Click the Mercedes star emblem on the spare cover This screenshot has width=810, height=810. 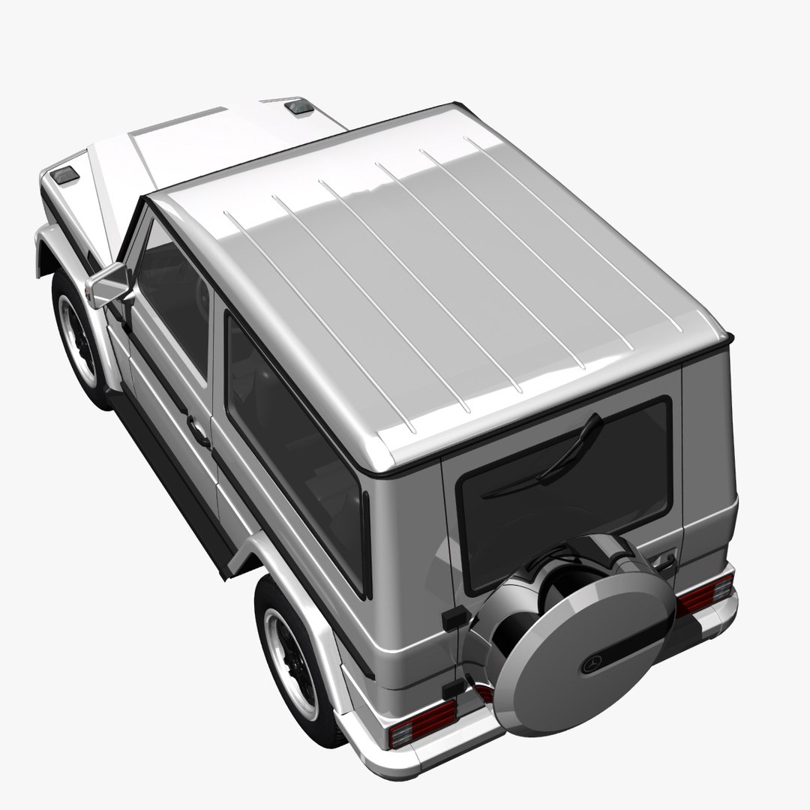click(x=592, y=664)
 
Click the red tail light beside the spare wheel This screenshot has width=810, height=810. click(x=703, y=595)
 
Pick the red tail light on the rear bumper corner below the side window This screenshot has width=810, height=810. click(x=422, y=723)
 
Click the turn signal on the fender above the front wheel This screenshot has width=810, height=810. click(x=65, y=175)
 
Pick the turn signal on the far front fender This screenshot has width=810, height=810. click(x=300, y=106)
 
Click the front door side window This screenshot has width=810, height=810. click(x=174, y=300)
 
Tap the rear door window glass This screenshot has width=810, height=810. click(x=562, y=487)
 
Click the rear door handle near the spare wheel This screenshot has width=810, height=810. click(x=664, y=559)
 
